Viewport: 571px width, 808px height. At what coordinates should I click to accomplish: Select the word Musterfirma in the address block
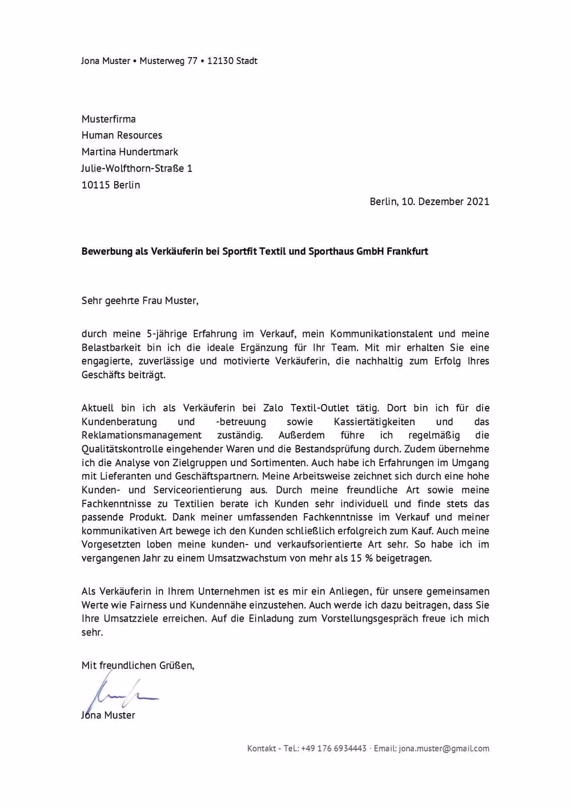point(108,119)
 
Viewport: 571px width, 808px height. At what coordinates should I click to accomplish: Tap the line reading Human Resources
point(122,135)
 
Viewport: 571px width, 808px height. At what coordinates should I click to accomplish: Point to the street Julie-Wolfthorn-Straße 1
point(136,169)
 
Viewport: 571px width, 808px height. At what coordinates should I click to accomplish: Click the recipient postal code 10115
point(95,185)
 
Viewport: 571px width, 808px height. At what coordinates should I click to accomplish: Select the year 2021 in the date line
point(478,201)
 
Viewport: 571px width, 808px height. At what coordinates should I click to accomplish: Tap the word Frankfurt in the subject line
point(407,251)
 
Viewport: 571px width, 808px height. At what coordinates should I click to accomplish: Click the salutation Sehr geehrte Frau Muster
point(140,301)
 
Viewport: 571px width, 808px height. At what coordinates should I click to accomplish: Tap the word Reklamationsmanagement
point(142,435)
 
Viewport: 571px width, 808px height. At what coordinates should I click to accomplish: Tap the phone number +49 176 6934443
point(333,749)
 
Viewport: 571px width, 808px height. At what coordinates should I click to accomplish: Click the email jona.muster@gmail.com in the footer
point(444,749)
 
